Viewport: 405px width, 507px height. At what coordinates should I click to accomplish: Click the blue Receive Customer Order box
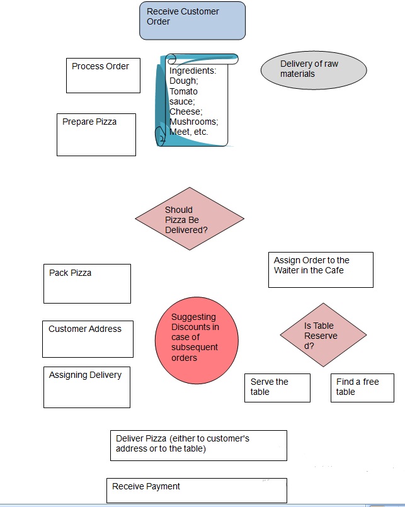192,20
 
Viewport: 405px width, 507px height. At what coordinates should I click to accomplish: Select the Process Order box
103,75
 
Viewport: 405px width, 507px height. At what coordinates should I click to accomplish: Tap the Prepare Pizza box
96,134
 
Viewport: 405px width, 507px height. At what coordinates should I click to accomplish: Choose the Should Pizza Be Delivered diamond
190,219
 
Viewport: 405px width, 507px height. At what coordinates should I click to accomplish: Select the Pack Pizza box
87,283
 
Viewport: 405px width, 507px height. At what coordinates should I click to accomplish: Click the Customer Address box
88,338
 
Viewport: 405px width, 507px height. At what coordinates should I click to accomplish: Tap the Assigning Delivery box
86,387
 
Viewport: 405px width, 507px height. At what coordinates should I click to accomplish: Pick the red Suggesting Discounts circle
197,338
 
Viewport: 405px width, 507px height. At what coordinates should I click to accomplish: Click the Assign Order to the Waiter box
321,270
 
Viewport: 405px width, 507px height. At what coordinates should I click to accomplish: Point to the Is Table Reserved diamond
324,335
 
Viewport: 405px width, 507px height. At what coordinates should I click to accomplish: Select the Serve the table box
277,387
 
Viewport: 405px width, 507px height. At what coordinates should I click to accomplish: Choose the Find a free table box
362,387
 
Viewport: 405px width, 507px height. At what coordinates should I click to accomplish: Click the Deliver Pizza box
198,445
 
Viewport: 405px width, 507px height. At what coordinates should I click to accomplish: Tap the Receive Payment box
197,490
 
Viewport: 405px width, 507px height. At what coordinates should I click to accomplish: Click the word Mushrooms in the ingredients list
193,122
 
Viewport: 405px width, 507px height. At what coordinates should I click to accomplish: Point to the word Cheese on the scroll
185,111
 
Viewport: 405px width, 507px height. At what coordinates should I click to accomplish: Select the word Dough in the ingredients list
183,81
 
